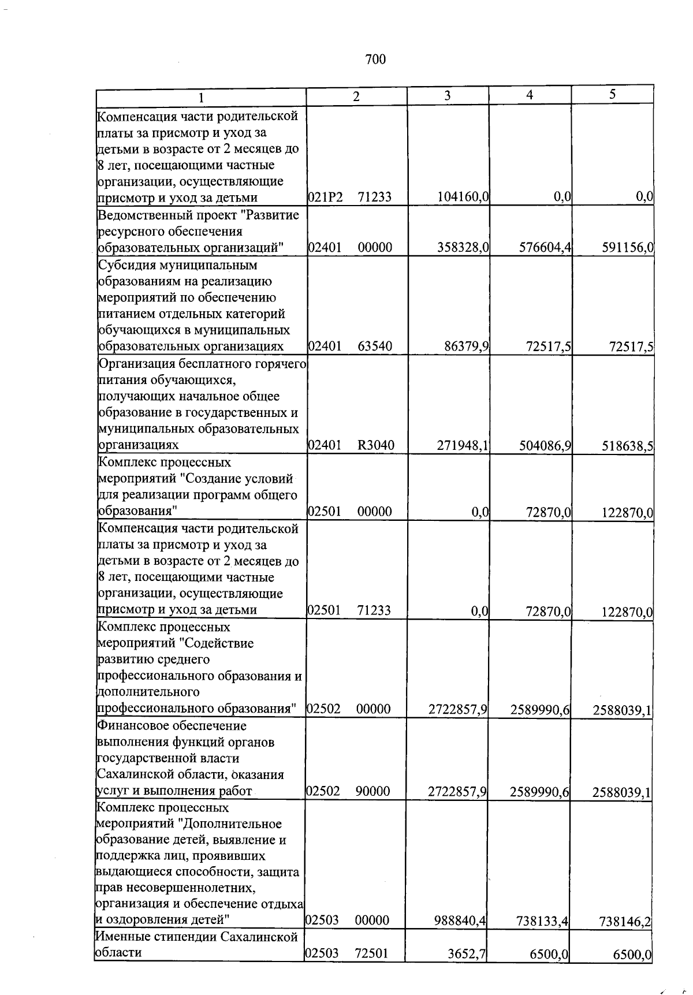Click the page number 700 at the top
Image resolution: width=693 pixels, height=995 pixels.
point(375,59)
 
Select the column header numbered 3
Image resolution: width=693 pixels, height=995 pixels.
point(447,96)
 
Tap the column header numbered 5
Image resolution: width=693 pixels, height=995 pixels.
point(612,95)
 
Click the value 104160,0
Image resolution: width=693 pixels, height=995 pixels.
point(464,197)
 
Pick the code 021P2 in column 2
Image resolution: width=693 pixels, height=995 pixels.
point(325,197)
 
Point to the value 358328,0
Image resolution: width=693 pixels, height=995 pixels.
point(464,248)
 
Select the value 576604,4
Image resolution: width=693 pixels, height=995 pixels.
point(545,248)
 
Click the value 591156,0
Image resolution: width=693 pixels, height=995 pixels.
point(627,248)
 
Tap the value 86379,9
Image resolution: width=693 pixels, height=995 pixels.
point(467,346)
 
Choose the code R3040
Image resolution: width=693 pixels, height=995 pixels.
point(375,445)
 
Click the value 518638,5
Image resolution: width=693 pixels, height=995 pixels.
point(627,446)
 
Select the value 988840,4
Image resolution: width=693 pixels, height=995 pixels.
point(460,921)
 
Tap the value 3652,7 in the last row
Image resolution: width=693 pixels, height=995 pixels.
point(467,954)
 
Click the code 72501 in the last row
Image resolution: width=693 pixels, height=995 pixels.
point(372,953)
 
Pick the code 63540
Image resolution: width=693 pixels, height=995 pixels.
point(375,346)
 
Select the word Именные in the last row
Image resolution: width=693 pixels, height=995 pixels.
point(121,937)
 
